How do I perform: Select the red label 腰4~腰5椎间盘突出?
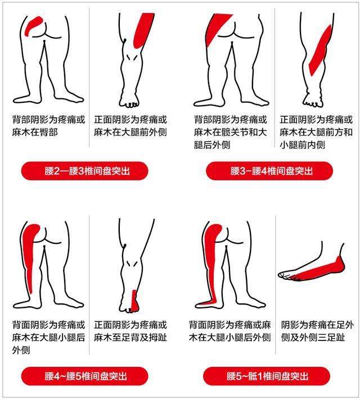pos(84,375)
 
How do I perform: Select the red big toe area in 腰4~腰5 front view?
pos(134,302)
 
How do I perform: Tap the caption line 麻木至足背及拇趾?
pos(130,338)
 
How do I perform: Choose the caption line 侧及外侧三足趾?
pos(318,338)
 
